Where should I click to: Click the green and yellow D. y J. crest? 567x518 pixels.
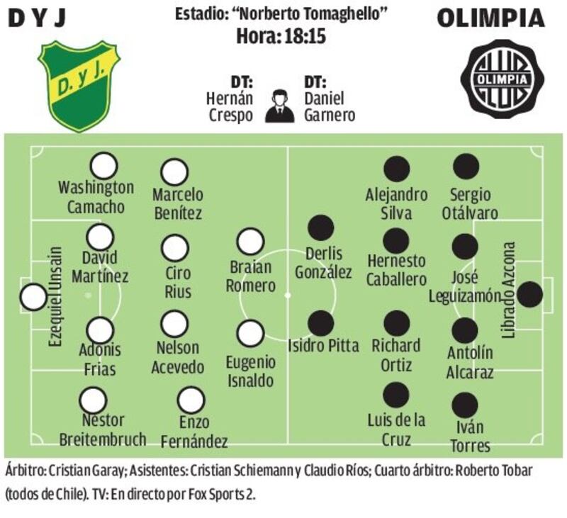point(79,86)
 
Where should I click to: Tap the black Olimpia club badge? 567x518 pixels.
point(503,79)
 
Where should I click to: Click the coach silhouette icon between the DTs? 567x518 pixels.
point(279,106)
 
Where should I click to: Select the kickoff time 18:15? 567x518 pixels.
point(305,36)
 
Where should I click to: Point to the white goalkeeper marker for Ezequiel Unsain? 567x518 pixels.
point(33,297)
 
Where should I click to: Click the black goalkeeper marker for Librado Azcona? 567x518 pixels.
point(529,295)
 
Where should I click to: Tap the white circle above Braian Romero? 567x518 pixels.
point(250,242)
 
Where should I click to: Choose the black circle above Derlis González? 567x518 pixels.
point(321,228)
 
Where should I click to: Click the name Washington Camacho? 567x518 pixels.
point(96,198)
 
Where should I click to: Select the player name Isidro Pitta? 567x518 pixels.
point(323,346)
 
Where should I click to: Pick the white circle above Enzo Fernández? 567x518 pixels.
point(191,400)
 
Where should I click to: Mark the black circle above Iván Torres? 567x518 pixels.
point(465,405)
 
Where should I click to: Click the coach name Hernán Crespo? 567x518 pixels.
point(230,106)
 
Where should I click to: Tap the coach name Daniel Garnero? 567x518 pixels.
point(330,106)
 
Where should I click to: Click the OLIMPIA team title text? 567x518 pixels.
point(490,18)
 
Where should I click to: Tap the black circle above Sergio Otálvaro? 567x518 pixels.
point(466,167)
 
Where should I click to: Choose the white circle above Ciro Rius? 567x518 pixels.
point(175,248)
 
